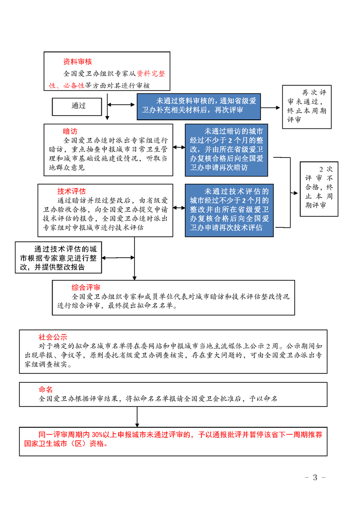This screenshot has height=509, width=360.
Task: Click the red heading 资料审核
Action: [x=77, y=62]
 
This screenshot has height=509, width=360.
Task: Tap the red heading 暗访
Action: [x=70, y=131]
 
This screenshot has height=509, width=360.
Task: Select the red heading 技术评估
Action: [x=71, y=191]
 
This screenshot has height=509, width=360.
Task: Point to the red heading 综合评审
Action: [x=86, y=287]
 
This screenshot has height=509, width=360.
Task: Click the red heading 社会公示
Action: [x=53, y=337]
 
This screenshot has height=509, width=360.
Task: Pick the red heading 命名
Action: [x=45, y=389]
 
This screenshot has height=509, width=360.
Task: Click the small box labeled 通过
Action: [x=77, y=107]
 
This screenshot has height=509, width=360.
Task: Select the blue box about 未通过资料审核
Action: [x=199, y=107]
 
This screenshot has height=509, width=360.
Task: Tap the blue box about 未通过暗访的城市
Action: [x=227, y=150]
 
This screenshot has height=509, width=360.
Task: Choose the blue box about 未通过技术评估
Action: [x=229, y=210]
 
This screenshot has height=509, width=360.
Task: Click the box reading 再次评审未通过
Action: [x=307, y=107]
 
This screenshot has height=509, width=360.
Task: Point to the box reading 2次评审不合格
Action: [x=319, y=189]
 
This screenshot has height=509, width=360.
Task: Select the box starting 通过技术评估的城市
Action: [x=59, y=257]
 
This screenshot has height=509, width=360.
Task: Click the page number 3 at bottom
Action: [x=315, y=477]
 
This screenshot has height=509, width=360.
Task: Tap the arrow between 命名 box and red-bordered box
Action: [x=137, y=417]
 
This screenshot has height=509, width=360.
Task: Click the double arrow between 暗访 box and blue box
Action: [x=179, y=147]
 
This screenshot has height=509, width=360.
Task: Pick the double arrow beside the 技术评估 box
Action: [x=179, y=208]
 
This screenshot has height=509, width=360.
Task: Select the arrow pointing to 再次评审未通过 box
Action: [x=270, y=108]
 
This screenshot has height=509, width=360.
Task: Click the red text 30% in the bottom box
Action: [x=98, y=435]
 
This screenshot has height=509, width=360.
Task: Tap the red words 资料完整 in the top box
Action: [x=151, y=73]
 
